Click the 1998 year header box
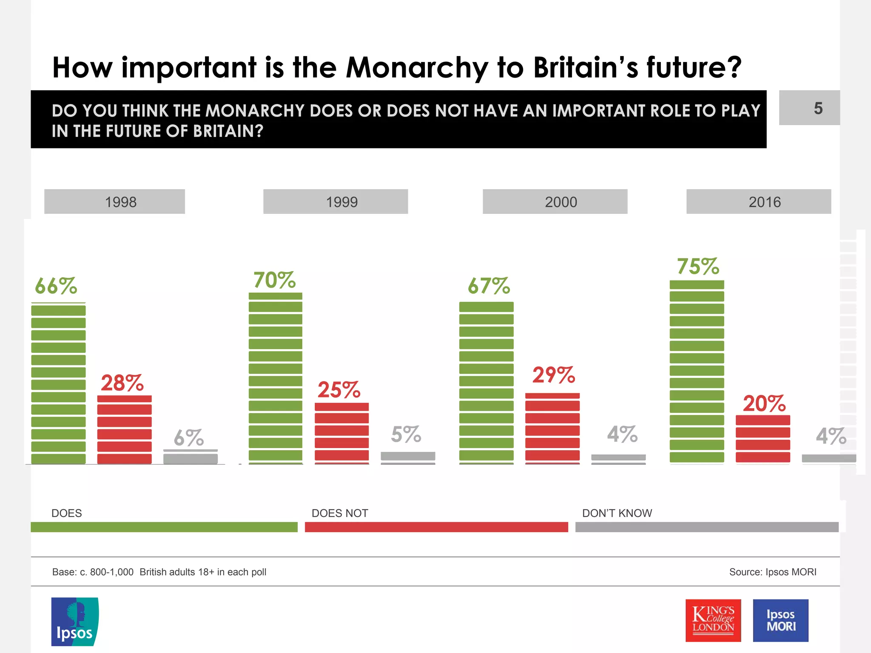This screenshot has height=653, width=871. coord(114,202)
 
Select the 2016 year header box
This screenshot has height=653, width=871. coord(758,202)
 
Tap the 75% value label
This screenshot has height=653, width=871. coord(698,267)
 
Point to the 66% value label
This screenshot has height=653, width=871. coord(56,286)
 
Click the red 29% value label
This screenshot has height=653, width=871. coord(553,375)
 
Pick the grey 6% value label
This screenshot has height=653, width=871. coord(189,438)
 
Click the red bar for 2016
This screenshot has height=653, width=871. coord(763,439)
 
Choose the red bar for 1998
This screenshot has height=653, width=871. coord(125,429)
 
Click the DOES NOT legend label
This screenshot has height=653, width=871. coord(340,513)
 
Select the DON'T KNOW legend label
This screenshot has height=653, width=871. coord(617,513)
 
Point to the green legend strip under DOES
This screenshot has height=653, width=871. coord(164,527)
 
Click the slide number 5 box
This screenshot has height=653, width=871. coord(809,108)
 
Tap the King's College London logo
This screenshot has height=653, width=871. coord(713,620)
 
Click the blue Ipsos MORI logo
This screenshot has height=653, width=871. coord(780,620)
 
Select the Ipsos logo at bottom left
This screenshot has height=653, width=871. coord(75,622)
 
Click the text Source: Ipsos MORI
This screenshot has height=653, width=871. coord(772,572)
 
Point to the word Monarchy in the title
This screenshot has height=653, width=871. coord(417,68)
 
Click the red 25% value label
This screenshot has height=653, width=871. coord(339,390)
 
